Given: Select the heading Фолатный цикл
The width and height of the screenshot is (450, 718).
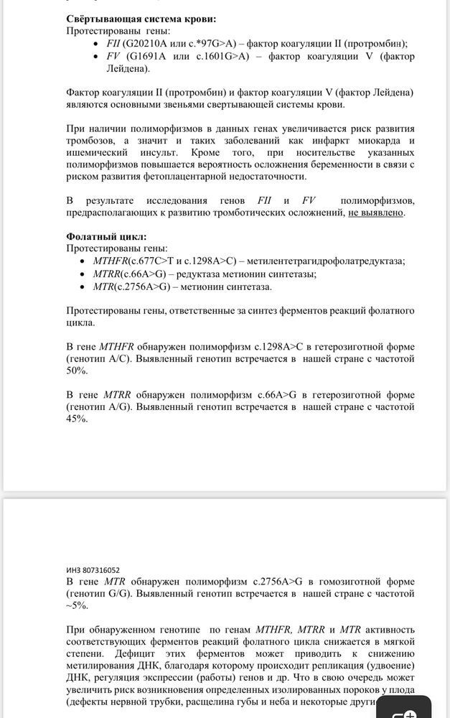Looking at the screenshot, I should coord(106,236).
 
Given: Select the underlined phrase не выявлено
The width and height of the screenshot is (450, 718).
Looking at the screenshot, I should coord(376,213).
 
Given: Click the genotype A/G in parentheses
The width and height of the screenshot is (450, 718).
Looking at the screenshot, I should coord(123,407).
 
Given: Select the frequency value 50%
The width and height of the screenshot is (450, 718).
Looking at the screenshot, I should coord(77,370).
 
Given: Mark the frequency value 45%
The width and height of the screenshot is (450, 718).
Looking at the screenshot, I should coord(77,419).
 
